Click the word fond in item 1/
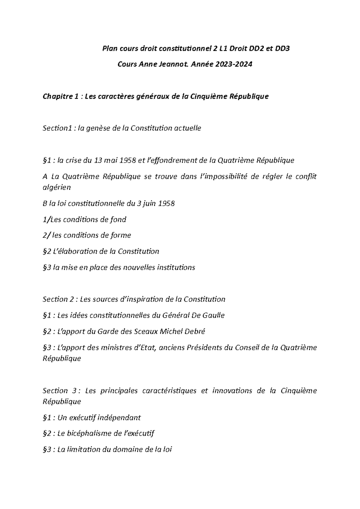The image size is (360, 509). [119, 219]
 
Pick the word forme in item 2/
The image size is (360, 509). [121, 235]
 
